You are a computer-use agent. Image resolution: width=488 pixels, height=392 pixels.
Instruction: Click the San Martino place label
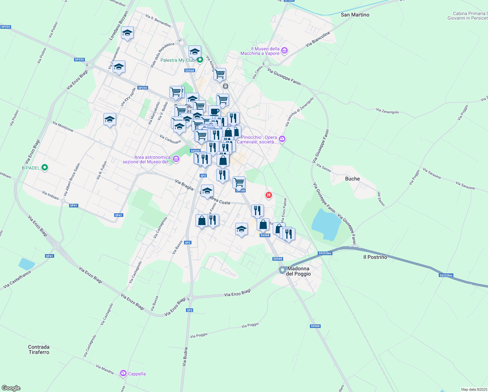point(355,15)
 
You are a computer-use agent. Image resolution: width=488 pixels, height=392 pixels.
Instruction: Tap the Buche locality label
point(352,179)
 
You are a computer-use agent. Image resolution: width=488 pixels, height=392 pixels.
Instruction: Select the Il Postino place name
point(375,257)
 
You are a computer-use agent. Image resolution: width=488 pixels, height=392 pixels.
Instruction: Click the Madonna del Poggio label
point(298,271)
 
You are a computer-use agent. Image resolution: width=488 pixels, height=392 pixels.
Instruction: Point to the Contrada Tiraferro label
point(39,350)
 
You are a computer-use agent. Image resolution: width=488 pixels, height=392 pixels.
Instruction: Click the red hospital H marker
point(268,195)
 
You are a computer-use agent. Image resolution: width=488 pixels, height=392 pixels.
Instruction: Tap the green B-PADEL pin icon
point(45,168)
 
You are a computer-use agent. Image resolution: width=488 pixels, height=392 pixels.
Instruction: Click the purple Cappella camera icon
point(123,373)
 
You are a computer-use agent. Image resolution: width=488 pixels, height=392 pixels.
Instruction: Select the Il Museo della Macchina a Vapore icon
point(284,51)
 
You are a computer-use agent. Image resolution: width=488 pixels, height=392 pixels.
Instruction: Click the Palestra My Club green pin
point(200,60)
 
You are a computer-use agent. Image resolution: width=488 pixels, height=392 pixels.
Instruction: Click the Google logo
point(11,388)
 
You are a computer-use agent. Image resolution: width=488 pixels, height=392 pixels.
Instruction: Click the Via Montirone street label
point(63,127)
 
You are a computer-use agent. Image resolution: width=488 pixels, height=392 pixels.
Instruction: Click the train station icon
point(225,86)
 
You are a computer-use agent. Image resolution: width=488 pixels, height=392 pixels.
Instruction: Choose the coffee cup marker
point(214,111)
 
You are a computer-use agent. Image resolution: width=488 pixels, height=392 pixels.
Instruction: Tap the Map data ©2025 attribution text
point(474,389)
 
